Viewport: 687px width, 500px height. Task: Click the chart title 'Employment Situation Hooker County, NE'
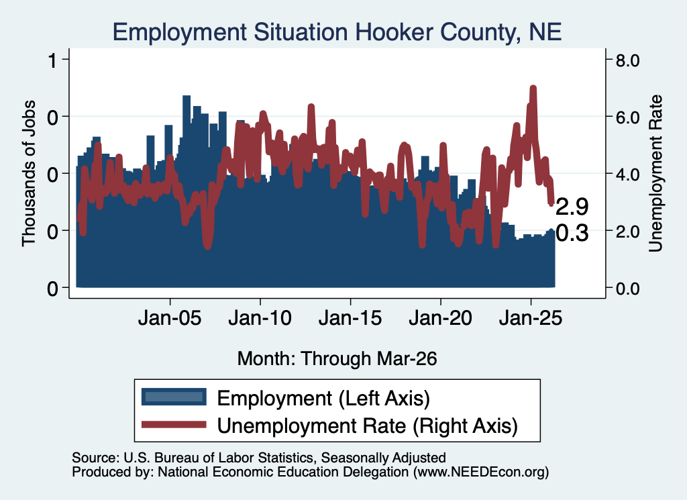[337, 32]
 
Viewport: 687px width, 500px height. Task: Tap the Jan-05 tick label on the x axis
[170, 318]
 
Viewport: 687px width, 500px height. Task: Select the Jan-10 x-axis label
[260, 318]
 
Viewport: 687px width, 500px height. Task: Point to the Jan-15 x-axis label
[350, 318]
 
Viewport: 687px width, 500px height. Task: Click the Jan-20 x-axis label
[441, 318]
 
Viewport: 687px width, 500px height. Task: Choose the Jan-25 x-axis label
[531, 318]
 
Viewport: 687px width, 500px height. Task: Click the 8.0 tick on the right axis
[628, 60]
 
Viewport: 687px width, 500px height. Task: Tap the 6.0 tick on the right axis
[628, 117]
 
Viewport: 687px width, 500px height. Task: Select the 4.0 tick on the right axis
[628, 174]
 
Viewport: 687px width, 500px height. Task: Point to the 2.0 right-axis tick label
[628, 232]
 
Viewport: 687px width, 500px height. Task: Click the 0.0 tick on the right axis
[628, 289]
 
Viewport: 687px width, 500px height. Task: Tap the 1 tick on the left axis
[54, 60]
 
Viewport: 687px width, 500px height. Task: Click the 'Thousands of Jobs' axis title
[28, 174]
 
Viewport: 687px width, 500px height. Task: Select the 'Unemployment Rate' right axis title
[655, 174]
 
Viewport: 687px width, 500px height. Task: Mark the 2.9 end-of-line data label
[572, 207]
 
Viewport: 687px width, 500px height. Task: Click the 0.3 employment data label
[572, 233]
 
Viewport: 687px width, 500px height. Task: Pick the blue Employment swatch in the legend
[174, 397]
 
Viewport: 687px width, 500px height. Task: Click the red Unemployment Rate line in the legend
[174, 424]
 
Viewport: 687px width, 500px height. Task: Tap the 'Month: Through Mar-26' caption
[337, 358]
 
